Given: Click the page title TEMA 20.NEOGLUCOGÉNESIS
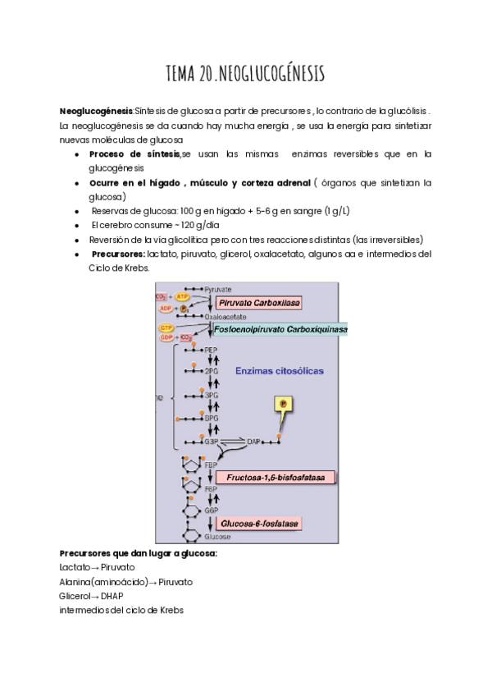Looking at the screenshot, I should pos(245,75).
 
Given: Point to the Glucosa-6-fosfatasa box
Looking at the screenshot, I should pos(258,523).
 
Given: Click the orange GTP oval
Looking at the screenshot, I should pos(167,327).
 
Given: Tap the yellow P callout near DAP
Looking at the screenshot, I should pos(283,405).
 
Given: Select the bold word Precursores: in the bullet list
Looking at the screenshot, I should pos(118,254).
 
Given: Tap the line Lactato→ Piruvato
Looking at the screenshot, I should pos(97,567).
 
